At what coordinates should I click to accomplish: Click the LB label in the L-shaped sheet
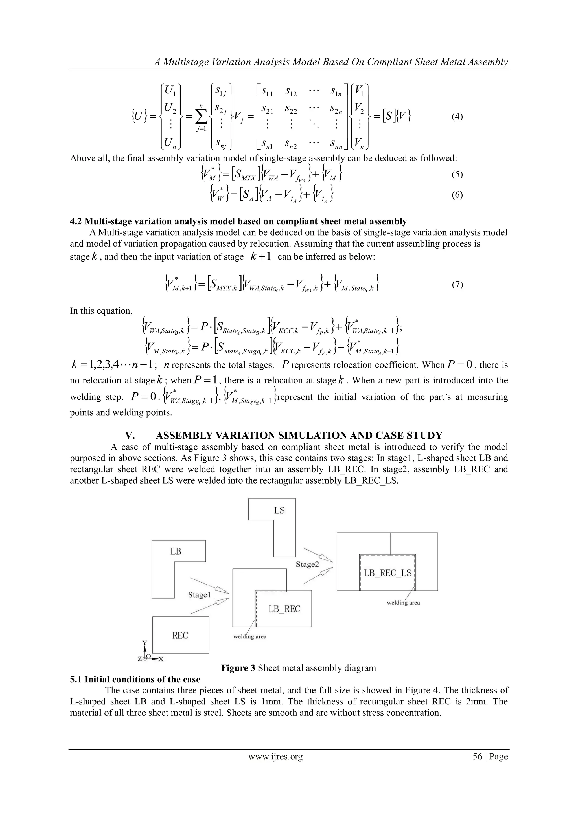coord(176,551)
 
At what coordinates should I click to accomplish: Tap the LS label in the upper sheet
coord(279,511)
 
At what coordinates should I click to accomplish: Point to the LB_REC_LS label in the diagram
coord(387,573)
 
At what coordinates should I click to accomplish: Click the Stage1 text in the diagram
coord(199,595)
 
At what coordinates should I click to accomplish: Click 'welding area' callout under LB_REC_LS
coord(403,603)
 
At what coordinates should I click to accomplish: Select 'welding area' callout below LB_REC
coord(249,637)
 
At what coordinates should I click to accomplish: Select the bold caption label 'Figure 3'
coord(238,668)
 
